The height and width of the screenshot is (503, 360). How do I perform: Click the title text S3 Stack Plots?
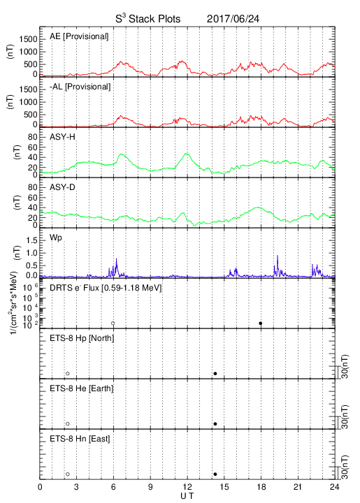pos(148,19)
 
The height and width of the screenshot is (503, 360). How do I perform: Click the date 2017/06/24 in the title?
pos(233,19)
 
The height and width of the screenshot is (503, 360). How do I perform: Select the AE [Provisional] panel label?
pos(79,36)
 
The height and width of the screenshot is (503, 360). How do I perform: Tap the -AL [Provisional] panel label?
pos(80,87)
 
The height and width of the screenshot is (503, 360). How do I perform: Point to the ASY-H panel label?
pos(62,137)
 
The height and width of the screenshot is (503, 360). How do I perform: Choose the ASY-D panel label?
pos(62,187)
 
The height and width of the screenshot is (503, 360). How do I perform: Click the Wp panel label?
pos(55,238)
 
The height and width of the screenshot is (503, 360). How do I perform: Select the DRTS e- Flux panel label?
pos(106,288)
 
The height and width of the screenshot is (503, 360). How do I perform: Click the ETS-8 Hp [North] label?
pos(82,338)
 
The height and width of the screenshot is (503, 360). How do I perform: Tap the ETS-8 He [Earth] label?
pos(82,388)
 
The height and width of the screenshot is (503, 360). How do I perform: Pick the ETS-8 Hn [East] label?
pos(80,439)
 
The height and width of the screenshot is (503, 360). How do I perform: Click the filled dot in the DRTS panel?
pos(261,323)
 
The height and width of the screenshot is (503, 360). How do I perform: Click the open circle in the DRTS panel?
pos(113,323)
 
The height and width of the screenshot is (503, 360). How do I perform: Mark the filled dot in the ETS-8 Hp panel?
pos(215,373)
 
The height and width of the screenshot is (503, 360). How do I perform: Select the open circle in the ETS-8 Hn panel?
pos(68,474)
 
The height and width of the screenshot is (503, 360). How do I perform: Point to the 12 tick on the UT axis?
pos(187,487)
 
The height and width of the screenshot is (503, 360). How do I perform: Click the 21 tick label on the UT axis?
pos(298,487)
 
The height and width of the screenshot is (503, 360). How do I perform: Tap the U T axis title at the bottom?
pos(187,496)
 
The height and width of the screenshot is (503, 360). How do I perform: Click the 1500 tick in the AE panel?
pos(28,39)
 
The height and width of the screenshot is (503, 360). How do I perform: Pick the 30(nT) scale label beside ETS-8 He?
pos(345,417)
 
